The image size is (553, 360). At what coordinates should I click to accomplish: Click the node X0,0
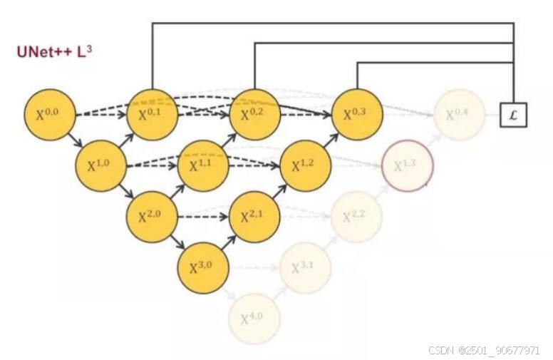(50, 115)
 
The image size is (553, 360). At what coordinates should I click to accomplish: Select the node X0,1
(153, 115)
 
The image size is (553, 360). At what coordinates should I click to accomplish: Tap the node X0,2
(254, 115)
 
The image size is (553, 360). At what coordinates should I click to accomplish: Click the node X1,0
(101, 166)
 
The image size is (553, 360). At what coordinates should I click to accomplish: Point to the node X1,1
(203, 166)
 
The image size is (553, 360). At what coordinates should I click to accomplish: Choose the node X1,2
(306, 166)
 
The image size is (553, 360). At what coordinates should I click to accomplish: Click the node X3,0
(203, 268)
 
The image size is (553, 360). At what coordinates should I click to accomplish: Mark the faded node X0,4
(459, 115)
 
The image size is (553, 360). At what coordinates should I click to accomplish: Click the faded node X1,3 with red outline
(408, 166)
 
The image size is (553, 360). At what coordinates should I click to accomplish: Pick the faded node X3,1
(306, 268)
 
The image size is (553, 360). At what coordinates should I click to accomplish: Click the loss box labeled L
(513, 115)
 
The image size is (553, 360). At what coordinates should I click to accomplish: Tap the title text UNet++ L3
(54, 52)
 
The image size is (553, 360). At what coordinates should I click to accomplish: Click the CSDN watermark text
(484, 350)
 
